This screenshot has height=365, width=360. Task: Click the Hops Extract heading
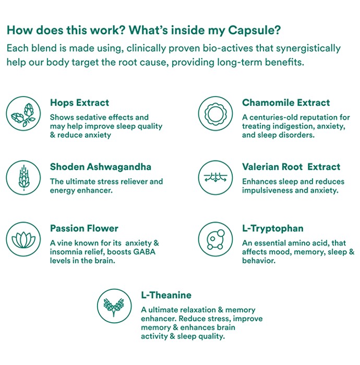pyautogui.click(x=79, y=103)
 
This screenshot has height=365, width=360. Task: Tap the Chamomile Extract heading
pyautogui.click(x=286, y=103)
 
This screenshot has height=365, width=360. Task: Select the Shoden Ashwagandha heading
pyautogui.click(x=101, y=167)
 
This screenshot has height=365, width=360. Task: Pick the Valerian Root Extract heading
pyautogui.click(x=291, y=167)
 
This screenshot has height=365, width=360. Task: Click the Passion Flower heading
pyautogui.click(x=84, y=228)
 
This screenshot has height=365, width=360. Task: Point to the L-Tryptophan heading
pyautogui.click(x=273, y=229)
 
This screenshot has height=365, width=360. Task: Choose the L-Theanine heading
pyautogui.click(x=166, y=295)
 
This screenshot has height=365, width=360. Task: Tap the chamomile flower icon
pyautogui.click(x=215, y=114)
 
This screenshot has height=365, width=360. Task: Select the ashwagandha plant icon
pyautogui.click(x=23, y=178)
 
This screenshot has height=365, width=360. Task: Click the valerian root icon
pyautogui.click(x=215, y=178)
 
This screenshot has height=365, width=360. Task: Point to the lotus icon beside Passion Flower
pyautogui.click(x=23, y=240)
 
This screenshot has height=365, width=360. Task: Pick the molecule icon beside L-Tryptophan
pyautogui.click(x=215, y=239)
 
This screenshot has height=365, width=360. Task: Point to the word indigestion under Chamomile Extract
pyautogui.click(x=293, y=126)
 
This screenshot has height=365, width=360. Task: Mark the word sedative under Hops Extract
pyautogui.click(x=87, y=117)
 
